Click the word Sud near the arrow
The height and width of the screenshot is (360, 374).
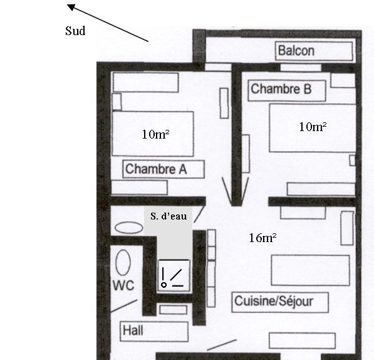pos(75,31)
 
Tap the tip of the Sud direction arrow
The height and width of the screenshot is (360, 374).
pos(67,4)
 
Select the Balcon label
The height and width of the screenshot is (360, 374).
pos(296,51)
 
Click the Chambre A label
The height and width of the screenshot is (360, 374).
pos(156,169)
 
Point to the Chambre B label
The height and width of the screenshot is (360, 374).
pos(281,89)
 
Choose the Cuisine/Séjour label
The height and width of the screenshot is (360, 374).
pos(274,301)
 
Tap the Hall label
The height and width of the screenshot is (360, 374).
pos(133,331)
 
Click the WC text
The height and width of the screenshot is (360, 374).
pos(123,285)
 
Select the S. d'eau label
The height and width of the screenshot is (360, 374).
pos(169,216)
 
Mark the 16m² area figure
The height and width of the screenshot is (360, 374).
pos(262,238)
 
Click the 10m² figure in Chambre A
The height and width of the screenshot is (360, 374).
pos(155,134)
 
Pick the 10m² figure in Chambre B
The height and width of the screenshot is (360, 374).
pos(313,127)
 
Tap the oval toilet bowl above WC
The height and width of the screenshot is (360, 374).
pos(123,263)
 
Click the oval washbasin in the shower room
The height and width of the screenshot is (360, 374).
pos(129,228)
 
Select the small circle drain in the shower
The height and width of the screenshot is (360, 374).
pos(164,285)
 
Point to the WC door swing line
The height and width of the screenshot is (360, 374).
pos(124,306)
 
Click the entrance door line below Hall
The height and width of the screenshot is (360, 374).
pos(222,345)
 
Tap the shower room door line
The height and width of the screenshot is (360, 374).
pos(199,214)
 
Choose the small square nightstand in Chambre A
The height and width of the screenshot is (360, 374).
pos(117,102)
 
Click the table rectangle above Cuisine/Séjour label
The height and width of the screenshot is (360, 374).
pos(310,270)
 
